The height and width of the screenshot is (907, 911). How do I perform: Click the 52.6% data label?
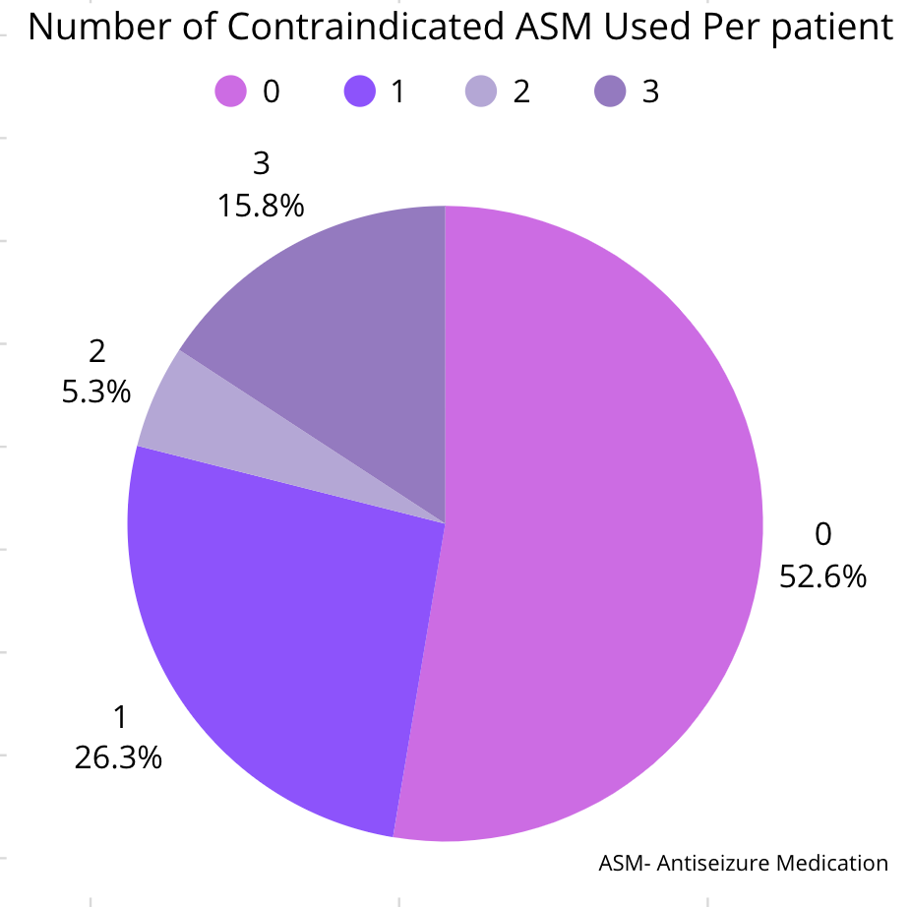[x=822, y=575]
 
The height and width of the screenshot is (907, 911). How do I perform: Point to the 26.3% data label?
[x=118, y=757]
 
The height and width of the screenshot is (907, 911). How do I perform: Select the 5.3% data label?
[x=95, y=392]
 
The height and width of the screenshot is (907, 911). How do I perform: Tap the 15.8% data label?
[x=260, y=206]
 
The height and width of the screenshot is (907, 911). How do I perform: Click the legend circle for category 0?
[x=229, y=92]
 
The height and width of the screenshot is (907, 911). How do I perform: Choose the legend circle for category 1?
[x=358, y=92]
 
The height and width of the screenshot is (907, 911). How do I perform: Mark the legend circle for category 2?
[x=481, y=92]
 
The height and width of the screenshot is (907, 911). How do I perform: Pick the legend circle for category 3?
[x=610, y=92]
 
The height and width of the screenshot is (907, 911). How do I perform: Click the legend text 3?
[x=649, y=92]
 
